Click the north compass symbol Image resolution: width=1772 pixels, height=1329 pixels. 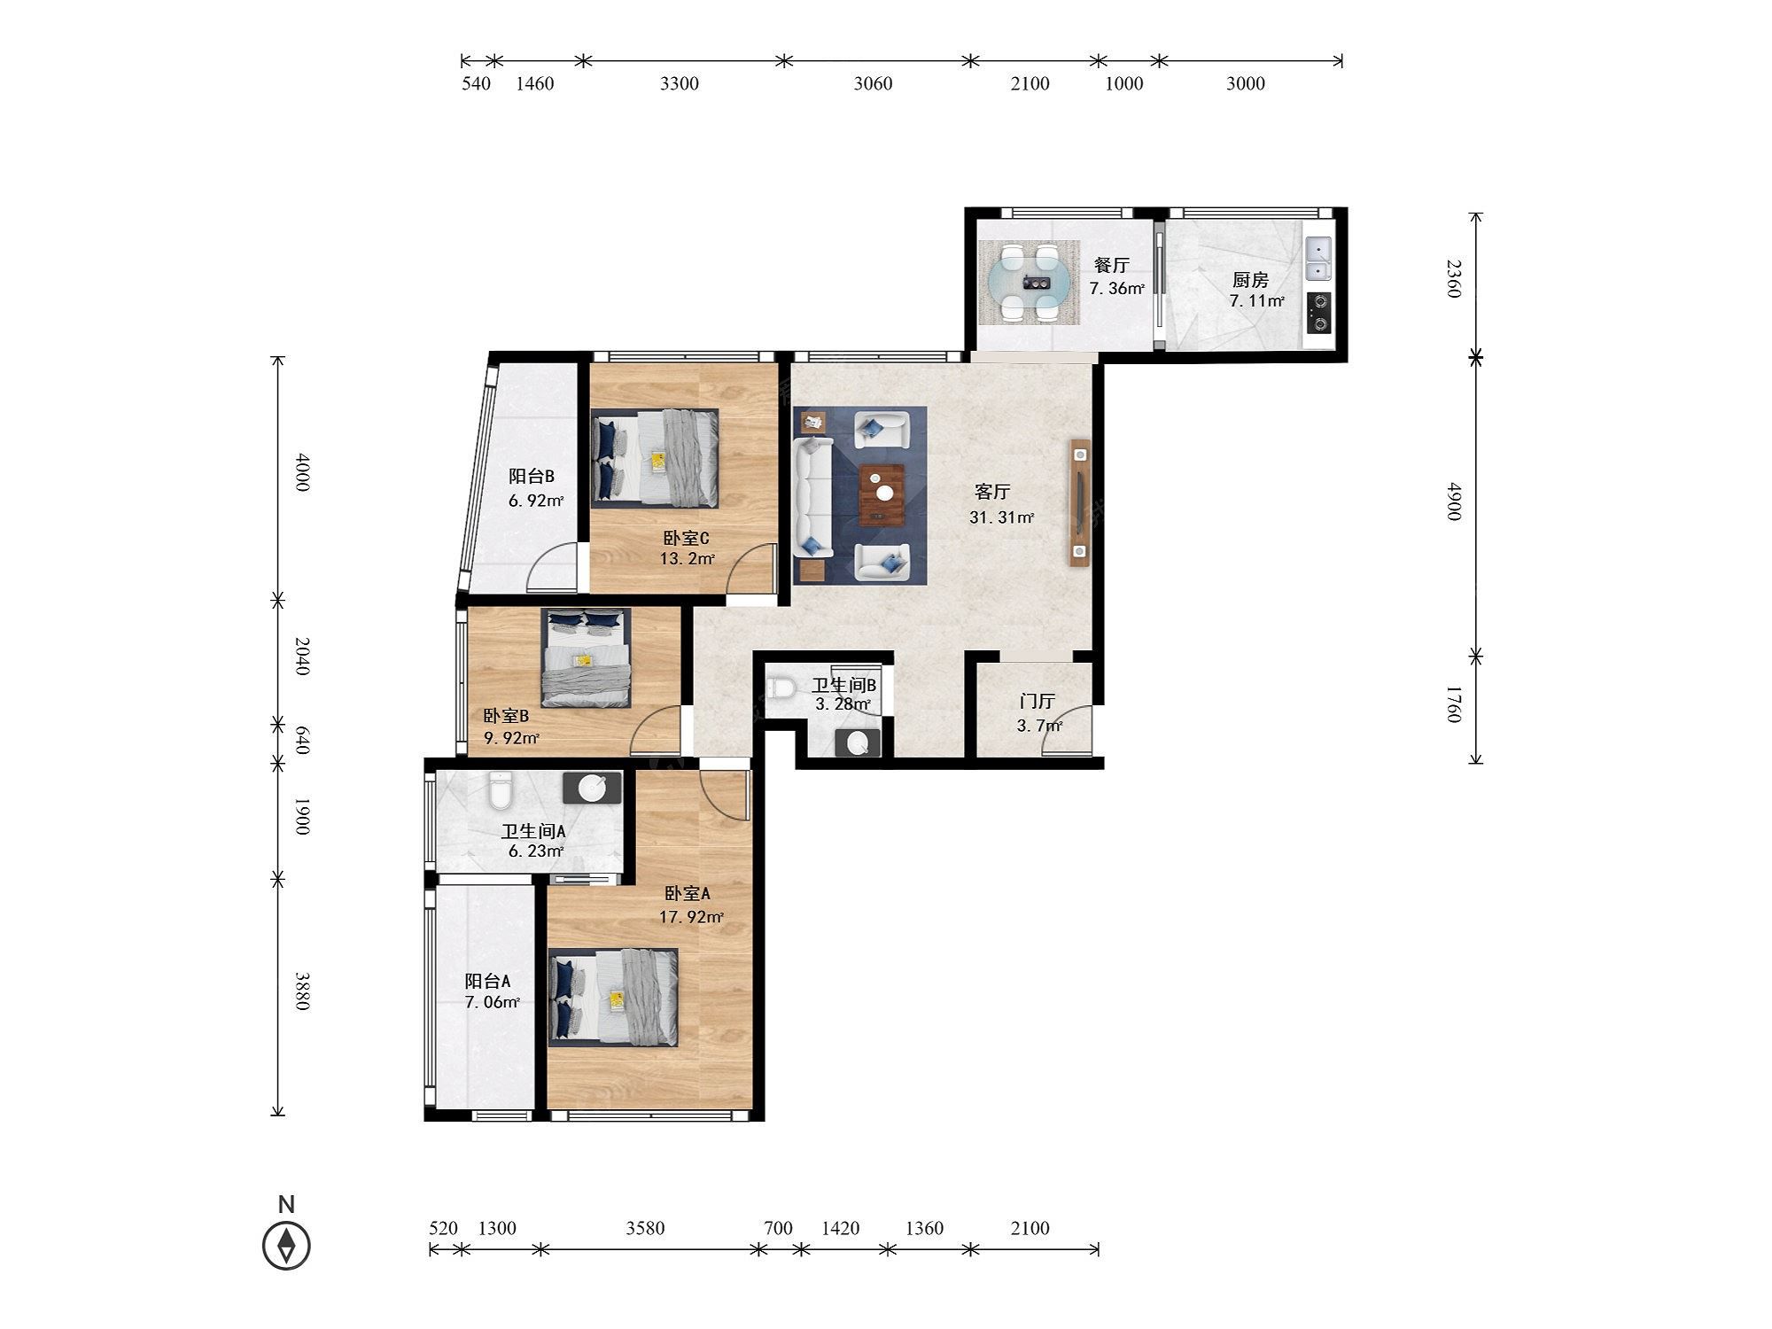coord(286,1246)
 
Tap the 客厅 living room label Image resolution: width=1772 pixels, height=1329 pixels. coord(992,492)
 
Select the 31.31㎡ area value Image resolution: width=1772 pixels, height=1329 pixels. coord(1001,517)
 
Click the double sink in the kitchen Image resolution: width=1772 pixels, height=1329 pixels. coord(1318,258)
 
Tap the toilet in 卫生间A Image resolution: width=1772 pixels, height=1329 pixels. coord(501,790)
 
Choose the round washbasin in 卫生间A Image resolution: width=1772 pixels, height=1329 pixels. coord(592,787)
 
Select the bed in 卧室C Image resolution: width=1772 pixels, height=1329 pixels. coord(656,457)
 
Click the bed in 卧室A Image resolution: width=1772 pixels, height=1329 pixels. coord(613,997)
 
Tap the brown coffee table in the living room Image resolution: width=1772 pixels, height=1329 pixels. coord(882,493)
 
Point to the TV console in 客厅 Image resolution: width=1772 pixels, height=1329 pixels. coord(1080,502)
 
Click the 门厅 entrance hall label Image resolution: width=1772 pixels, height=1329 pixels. coord(1037,702)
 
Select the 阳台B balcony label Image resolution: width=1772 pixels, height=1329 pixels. coord(532,477)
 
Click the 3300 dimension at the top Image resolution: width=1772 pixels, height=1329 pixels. coord(680,83)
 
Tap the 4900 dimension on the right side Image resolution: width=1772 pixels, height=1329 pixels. coord(1453,501)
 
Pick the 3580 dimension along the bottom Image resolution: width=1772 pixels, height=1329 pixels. coord(645,1228)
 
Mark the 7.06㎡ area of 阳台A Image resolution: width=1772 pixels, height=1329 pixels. coord(492,1002)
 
